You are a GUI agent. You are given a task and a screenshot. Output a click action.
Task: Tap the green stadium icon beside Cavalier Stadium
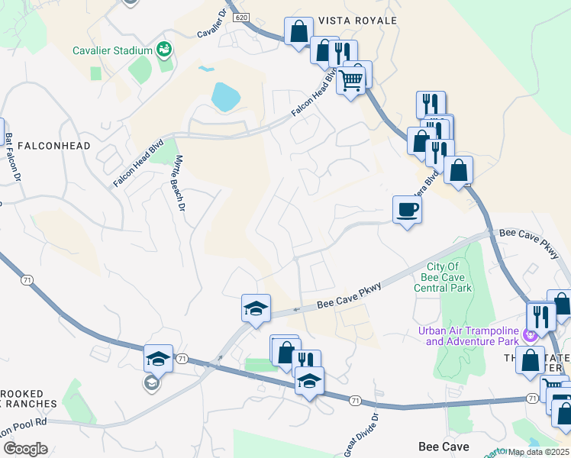tap(163, 50)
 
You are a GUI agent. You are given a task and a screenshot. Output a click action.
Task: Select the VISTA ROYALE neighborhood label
tap(358, 21)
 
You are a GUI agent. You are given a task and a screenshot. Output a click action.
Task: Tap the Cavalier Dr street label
tap(213, 24)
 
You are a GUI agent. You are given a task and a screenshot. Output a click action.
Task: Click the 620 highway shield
tap(242, 16)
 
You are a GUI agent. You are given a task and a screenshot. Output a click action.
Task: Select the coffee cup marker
tap(407, 208)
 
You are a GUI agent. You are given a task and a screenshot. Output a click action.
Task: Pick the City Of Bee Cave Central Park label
tap(443, 277)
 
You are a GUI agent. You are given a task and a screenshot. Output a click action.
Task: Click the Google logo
tap(26, 449)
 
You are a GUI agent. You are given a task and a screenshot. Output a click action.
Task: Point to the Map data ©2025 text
tap(538, 452)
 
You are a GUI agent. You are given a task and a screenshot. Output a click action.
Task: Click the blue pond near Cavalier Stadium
tap(225, 97)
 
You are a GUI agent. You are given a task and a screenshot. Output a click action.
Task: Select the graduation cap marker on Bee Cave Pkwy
tap(256, 308)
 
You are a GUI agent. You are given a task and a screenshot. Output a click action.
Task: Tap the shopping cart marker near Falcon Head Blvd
tap(351, 78)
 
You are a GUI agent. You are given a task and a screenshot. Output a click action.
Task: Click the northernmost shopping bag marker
tap(298, 31)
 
